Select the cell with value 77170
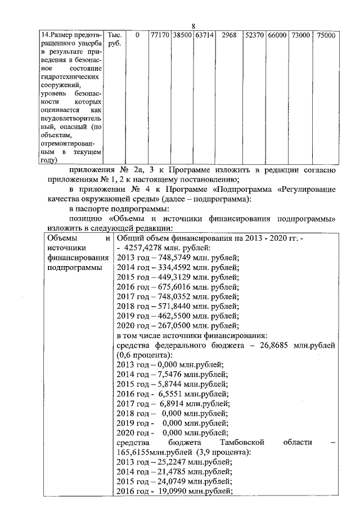click(160, 35)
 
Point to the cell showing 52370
click(254, 35)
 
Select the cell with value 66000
click(277, 35)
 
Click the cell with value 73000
click(300, 35)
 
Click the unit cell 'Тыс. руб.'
click(114, 39)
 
